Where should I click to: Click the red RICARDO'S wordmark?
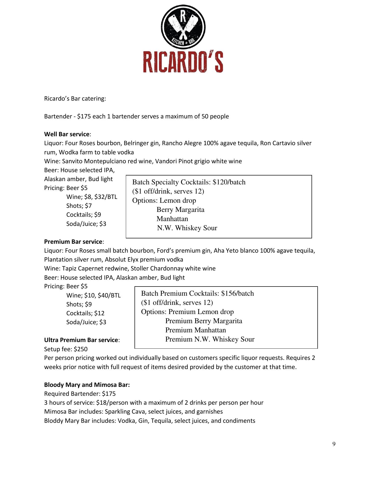pos(183,62)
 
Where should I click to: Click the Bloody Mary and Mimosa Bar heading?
pos(87,385)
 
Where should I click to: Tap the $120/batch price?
pos(229,182)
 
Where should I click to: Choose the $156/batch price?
pos(237,294)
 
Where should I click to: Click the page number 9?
pos(334,444)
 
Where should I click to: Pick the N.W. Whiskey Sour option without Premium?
pos(187,228)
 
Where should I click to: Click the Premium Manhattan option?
pos(195,330)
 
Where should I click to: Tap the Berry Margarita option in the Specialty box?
pos(180,210)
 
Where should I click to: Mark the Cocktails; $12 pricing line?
pos(85,313)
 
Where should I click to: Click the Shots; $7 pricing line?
pos(79,206)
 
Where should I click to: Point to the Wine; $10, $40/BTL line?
pos(93,295)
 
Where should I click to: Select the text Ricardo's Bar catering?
pos(75,99)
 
